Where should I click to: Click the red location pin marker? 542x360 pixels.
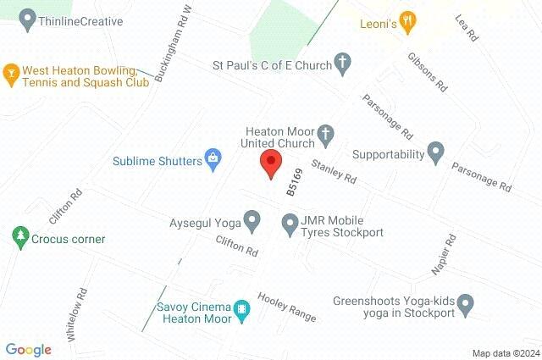pyautogui.click(x=271, y=163)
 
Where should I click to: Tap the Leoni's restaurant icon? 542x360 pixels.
pyautogui.click(x=407, y=24)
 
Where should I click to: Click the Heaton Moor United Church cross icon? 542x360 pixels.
pyautogui.click(x=324, y=134)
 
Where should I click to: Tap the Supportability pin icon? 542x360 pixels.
pyautogui.click(x=435, y=153)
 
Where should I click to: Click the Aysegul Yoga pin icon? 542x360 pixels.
pyautogui.click(x=252, y=222)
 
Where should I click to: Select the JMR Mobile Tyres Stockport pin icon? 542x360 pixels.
pyautogui.click(x=289, y=223)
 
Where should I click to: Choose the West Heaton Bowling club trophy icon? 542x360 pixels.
pyautogui.click(x=12, y=74)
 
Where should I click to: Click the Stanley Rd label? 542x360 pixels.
pyautogui.click(x=334, y=172)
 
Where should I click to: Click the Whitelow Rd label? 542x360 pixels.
pyautogui.click(x=77, y=314)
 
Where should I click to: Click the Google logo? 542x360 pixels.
pyautogui.click(x=28, y=349)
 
